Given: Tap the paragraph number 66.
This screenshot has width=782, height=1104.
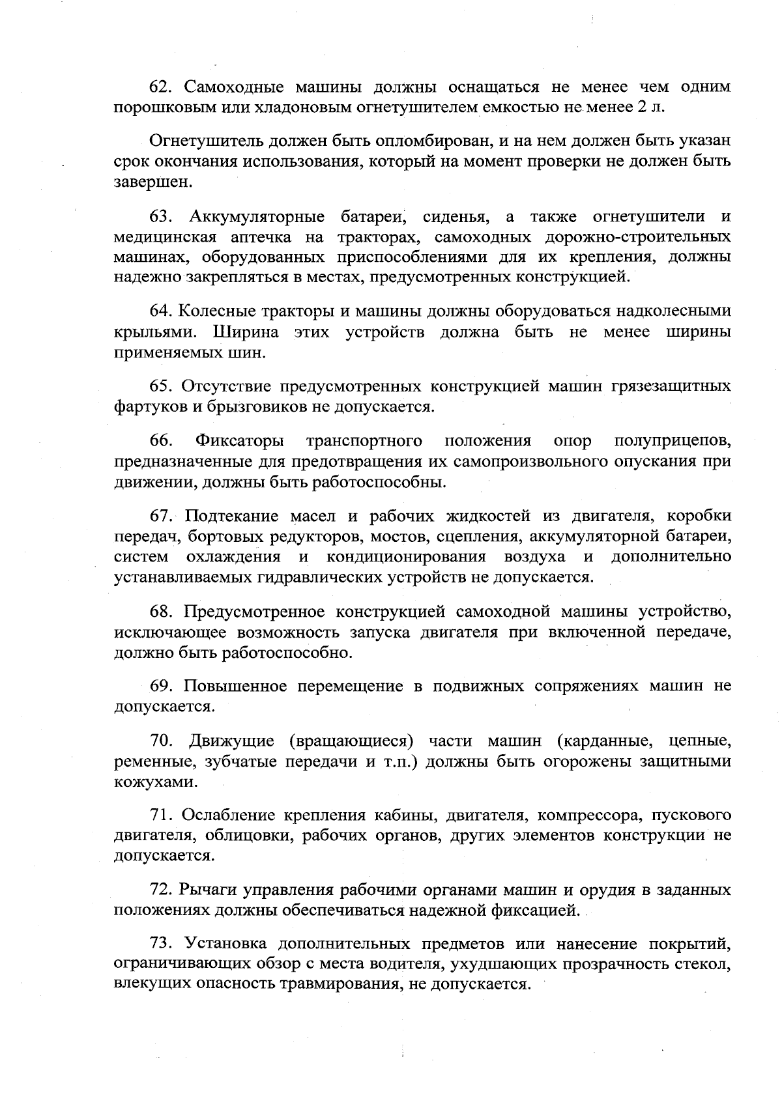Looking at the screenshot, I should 162,441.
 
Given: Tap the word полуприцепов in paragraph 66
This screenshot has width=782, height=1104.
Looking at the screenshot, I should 672,441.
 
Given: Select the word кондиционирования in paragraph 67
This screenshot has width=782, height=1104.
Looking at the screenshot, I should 405,557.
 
